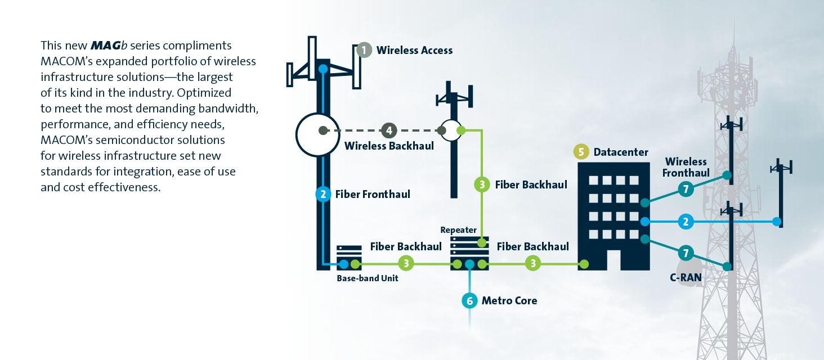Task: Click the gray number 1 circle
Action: [x=365, y=50]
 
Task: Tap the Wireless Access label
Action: [x=414, y=50]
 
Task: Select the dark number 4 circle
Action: [x=389, y=130]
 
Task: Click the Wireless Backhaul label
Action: [x=389, y=146]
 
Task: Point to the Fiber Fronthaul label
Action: [x=373, y=195]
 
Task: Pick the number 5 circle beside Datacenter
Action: [x=581, y=152]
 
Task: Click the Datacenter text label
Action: [x=621, y=152]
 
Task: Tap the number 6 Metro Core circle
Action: [x=469, y=300]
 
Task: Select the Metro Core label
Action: [x=509, y=300]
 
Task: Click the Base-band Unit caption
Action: [x=368, y=278]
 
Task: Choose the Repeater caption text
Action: [x=458, y=230]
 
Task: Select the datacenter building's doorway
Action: [x=613, y=260]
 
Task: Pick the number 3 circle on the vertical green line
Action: [x=482, y=184]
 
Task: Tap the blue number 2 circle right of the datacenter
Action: [x=685, y=222]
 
